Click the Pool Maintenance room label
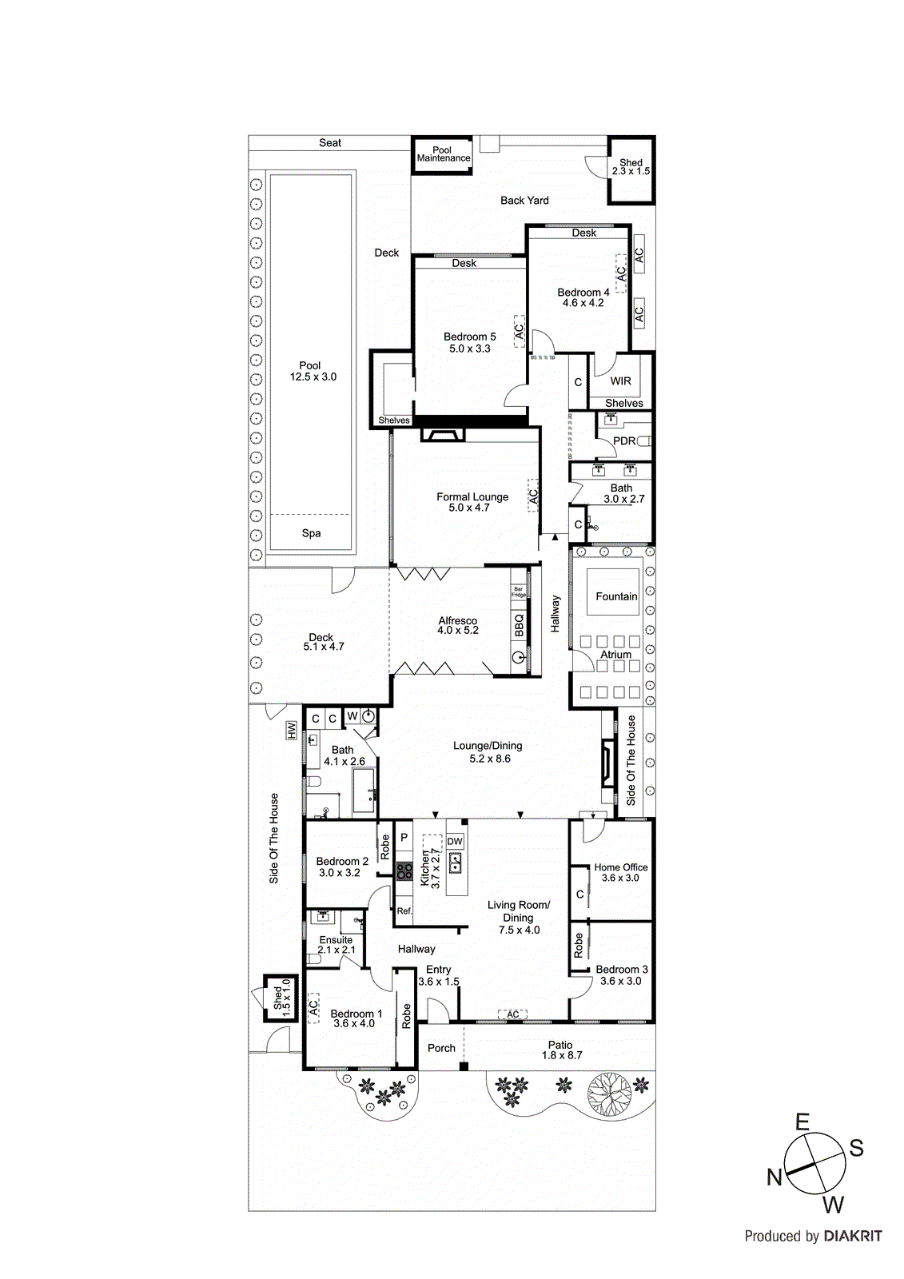pyautogui.click(x=443, y=154)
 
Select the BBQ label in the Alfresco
pyautogui.click(x=519, y=625)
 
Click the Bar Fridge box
pyautogui.click(x=518, y=592)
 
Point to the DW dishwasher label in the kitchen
pyautogui.click(x=455, y=841)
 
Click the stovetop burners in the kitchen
pyautogui.click(x=404, y=871)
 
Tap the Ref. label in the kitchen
pyautogui.click(x=404, y=910)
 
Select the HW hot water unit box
pyautogui.click(x=292, y=731)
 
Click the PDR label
pyautogui.click(x=623, y=440)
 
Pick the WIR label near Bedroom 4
pyautogui.click(x=621, y=381)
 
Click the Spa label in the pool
pyautogui.click(x=311, y=533)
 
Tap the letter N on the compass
pyautogui.click(x=774, y=1177)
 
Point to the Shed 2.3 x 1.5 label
pyautogui.click(x=631, y=167)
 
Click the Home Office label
pyautogui.click(x=621, y=867)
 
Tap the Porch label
pyautogui.click(x=441, y=1048)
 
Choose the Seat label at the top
pyautogui.click(x=330, y=143)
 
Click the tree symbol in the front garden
pyautogui.click(x=609, y=1092)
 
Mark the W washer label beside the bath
pyautogui.click(x=352, y=716)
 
